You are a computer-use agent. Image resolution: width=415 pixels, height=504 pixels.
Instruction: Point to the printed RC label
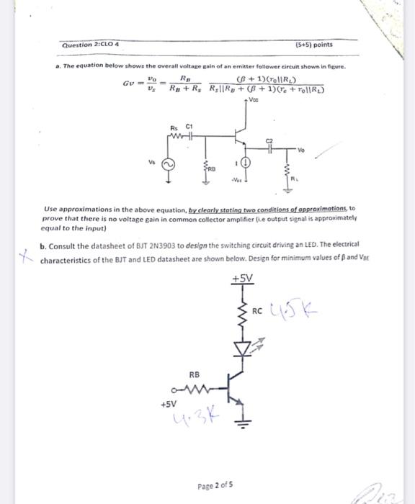pos(257,311)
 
